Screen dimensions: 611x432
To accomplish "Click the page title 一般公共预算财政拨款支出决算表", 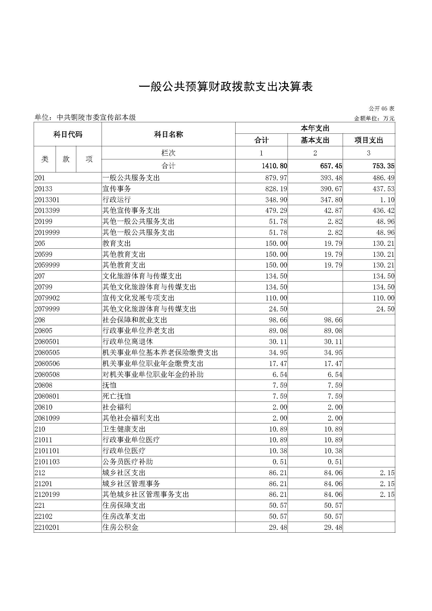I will pos(226,87).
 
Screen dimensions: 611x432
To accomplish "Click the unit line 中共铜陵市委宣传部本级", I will pos(85,117).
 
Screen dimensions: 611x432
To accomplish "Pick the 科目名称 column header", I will pos(168,134).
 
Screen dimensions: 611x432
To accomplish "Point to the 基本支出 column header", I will pos(315,140).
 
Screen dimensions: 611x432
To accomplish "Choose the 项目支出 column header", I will pos(369,140).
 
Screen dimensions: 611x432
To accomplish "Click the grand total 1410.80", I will pos(274,166).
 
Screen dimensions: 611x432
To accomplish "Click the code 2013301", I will pos(47,200).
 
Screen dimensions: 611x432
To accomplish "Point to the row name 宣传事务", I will pos(117,189).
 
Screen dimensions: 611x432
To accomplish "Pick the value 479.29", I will pos(276,211).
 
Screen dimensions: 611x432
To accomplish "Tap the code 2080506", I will pos(47,364).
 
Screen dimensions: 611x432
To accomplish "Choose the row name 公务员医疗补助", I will pos(128,462).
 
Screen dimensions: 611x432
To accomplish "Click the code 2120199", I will pos(47,494).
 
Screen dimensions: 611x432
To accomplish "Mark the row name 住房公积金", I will pos(120,527).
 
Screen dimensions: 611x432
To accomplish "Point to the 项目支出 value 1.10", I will pos(387,200).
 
